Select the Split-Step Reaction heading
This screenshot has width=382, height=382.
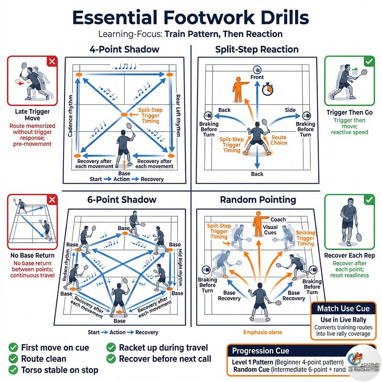point(256,49)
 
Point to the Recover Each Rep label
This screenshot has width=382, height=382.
point(352,256)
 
